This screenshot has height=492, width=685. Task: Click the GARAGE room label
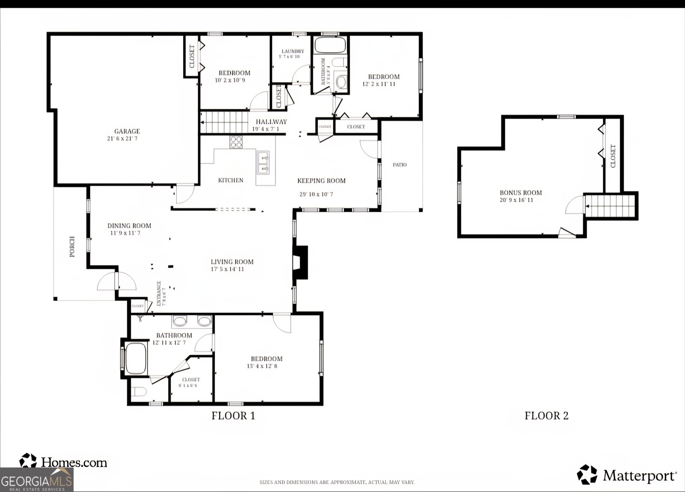pos(127,131)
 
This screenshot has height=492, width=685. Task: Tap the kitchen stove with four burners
pos(236,142)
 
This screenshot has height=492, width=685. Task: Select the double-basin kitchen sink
pos(263,163)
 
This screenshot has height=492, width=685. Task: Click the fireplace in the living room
pos(301,262)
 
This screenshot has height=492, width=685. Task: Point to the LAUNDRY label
pos(293,51)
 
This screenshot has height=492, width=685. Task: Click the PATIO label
pos(400,165)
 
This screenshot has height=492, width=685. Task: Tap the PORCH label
pos(72,247)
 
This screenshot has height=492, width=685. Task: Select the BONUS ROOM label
pos(521,193)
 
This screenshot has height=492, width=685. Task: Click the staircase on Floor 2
pos(610,206)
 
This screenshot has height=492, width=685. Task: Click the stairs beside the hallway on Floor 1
pos(225,122)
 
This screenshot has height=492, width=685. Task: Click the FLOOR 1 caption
pos(233,415)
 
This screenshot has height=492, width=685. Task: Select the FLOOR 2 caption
pos(547,415)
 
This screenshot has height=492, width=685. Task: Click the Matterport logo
pos(627,475)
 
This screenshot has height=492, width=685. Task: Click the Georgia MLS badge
pos(36,480)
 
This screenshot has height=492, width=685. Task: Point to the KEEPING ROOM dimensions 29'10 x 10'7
pos(316,194)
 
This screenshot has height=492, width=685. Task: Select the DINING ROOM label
pos(129,226)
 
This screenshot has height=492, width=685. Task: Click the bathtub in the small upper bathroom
pos(330,45)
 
